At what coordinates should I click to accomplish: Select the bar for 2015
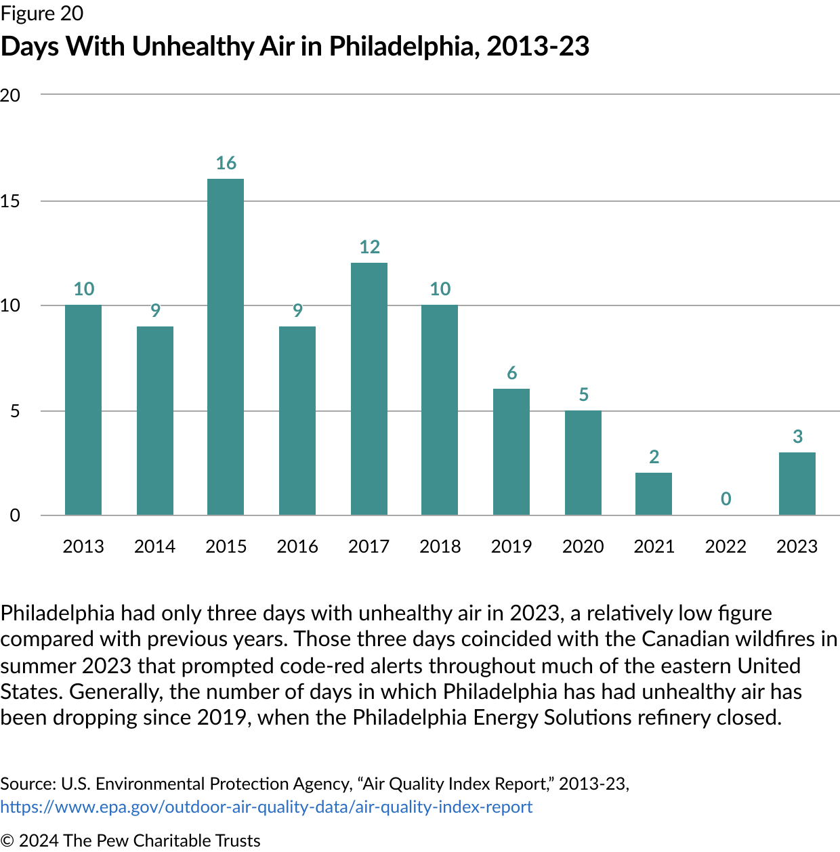click(226, 347)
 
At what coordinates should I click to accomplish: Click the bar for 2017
click(369, 389)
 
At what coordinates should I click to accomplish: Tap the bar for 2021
click(654, 494)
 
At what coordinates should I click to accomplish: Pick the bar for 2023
click(797, 484)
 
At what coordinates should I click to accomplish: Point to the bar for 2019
click(511, 452)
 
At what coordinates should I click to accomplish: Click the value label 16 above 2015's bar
click(226, 163)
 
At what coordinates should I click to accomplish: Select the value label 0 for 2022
click(726, 499)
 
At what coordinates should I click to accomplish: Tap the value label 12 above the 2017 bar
click(369, 247)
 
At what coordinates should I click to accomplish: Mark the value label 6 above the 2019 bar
click(511, 373)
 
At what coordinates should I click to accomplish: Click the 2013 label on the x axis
click(83, 547)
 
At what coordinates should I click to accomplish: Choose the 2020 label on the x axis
click(583, 547)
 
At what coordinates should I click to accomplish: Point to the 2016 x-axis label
click(297, 547)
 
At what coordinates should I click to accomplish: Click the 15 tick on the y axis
click(10, 201)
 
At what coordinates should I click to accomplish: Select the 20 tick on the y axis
click(10, 95)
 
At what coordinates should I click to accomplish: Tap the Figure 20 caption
click(42, 14)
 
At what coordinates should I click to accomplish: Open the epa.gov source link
click(266, 807)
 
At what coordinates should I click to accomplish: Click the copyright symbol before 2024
click(7, 840)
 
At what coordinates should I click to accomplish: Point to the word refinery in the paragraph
click(690, 717)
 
